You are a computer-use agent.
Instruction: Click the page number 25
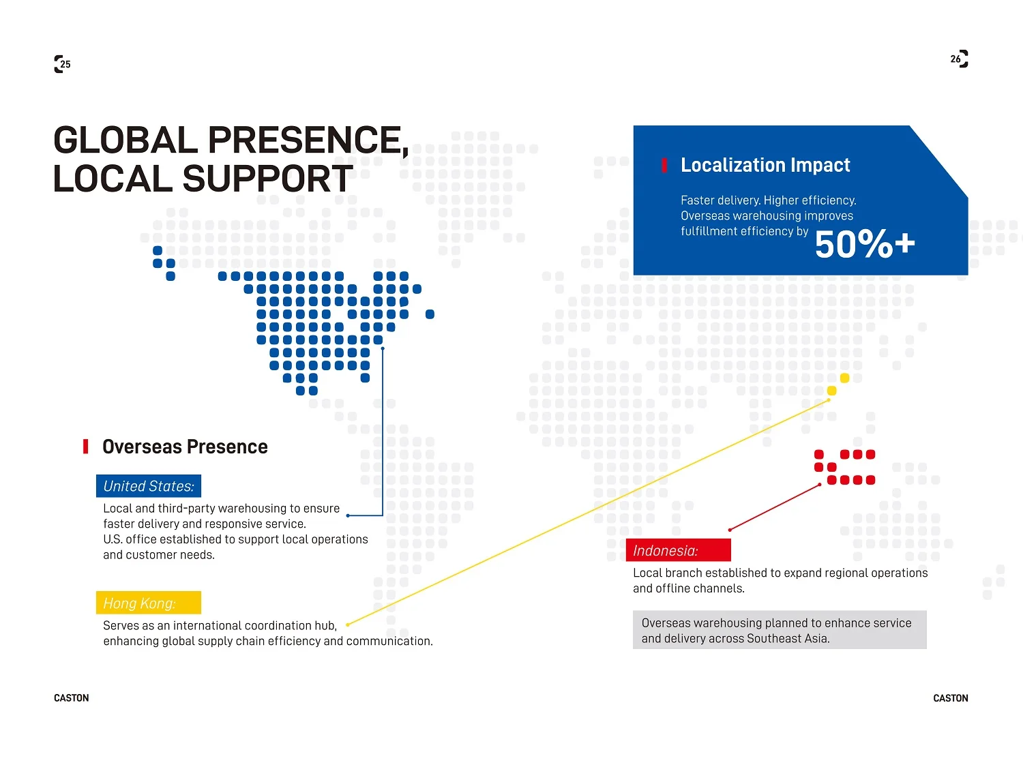point(65,64)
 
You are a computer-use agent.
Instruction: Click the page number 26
point(955,59)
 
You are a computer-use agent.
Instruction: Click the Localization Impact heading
point(765,165)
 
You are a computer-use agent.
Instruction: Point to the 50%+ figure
point(865,243)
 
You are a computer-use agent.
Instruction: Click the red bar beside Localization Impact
point(664,165)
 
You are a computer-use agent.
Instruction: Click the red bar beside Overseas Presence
point(85,446)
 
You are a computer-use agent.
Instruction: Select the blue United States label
point(149,485)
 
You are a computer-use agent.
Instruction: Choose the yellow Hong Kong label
point(149,603)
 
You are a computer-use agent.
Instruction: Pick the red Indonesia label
point(678,550)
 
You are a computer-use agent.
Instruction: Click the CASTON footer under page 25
point(72,697)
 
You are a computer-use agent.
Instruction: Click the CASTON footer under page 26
point(950,697)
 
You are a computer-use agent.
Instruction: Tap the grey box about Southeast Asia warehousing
point(780,629)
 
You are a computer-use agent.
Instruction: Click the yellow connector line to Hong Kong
point(588,512)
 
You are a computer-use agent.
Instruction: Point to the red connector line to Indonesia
point(775,507)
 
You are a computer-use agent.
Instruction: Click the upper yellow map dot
point(844,378)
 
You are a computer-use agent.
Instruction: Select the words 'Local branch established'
point(700,573)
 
